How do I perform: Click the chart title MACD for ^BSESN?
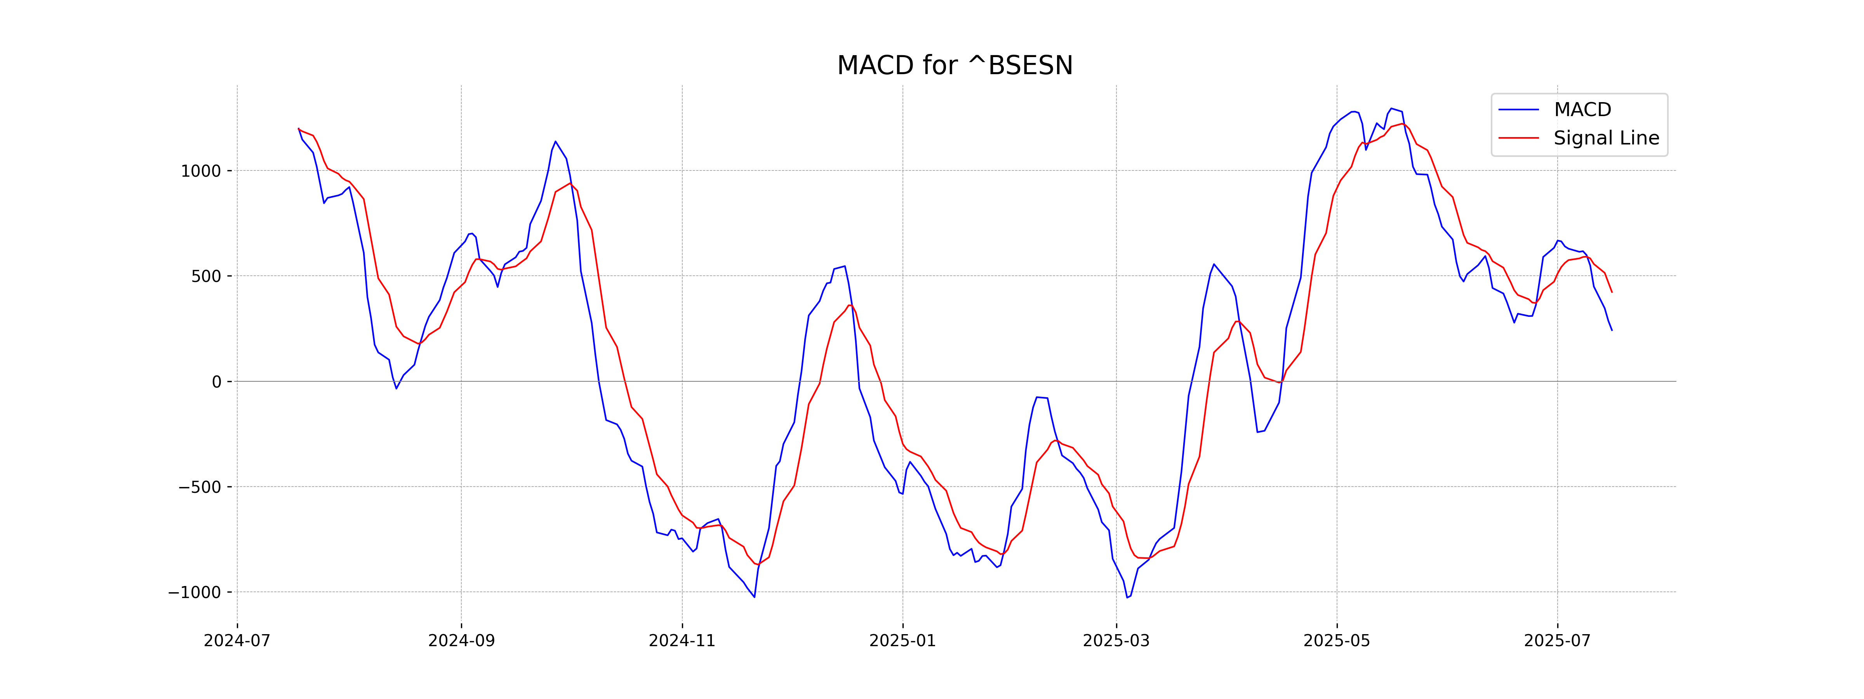point(955,66)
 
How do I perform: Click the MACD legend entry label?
point(1582,110)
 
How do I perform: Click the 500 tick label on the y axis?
point(206,276)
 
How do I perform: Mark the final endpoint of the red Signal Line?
point(1612,292)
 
